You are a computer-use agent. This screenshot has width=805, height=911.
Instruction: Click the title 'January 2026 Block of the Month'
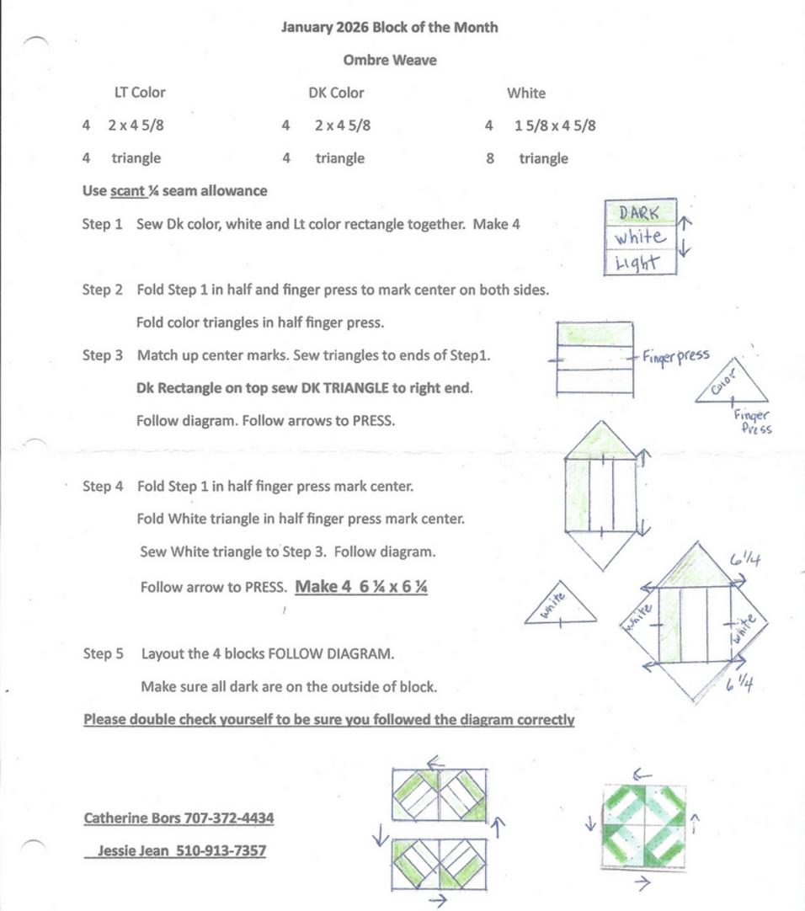(389, 27)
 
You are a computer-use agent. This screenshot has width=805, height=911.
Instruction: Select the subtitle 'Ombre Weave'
(389, 60)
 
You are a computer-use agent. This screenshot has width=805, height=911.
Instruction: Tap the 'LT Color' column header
(140, 93)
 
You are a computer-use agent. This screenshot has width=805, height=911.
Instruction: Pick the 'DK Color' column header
(336, 93)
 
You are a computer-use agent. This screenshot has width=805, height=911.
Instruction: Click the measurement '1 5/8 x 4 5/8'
(555, 125)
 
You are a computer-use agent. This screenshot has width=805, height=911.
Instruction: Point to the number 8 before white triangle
(490, 158)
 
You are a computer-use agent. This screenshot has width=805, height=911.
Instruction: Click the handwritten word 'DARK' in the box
(639, 213)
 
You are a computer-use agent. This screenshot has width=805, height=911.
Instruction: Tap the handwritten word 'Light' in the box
(637, 263)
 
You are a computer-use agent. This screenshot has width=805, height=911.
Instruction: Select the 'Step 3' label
(102, 355)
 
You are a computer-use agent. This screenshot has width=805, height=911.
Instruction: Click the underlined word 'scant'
(128, 190)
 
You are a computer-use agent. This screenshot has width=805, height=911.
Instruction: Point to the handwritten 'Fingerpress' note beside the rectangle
(675, 355)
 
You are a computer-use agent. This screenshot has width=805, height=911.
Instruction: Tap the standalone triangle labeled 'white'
(560, 605)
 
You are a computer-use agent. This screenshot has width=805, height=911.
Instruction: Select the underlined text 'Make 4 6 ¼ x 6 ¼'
(361, 587)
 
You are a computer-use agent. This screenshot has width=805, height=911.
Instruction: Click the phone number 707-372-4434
(229, 818)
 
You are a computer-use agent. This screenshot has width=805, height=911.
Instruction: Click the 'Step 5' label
(103, 653)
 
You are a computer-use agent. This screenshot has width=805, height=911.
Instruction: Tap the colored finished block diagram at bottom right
(644, 827)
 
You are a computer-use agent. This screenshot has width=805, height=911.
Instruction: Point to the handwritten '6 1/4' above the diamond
(746, 560)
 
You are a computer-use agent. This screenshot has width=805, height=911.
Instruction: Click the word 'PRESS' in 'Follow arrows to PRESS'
(372, 421)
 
